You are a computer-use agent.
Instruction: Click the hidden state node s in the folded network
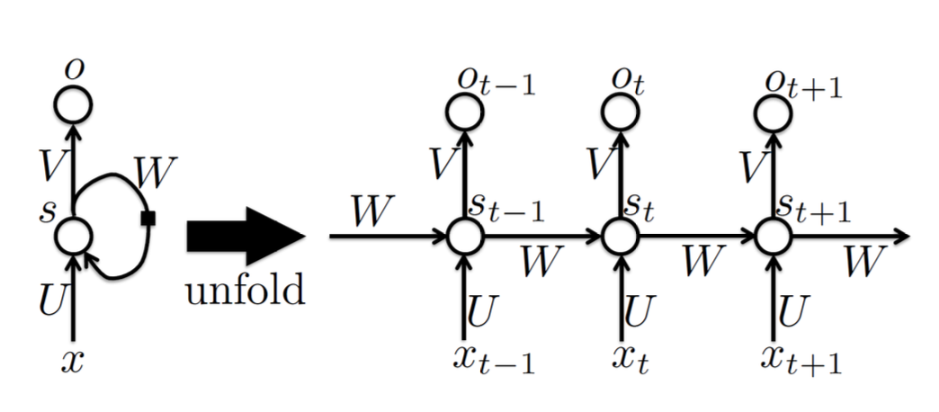pyautogui.click(x=74, y=237)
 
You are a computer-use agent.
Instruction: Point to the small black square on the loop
pyautogui.click(x=148, y=218)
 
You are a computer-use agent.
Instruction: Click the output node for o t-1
pyautogui.click(x=465, y=112)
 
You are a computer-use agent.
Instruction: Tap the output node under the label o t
pyautogui.click(x=619, y=112)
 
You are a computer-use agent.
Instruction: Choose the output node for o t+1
pyautogui.click(x=773, y=112)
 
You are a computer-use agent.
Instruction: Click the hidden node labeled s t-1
pyautogui.click(x=465, y=237)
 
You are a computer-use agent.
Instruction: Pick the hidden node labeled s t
pyautogui.click(x=619, y=237)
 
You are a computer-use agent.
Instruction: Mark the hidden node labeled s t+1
pyautogui.click(x=773, y=237)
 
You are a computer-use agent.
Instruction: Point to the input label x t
pyautogui.click(x=631, y=358)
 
